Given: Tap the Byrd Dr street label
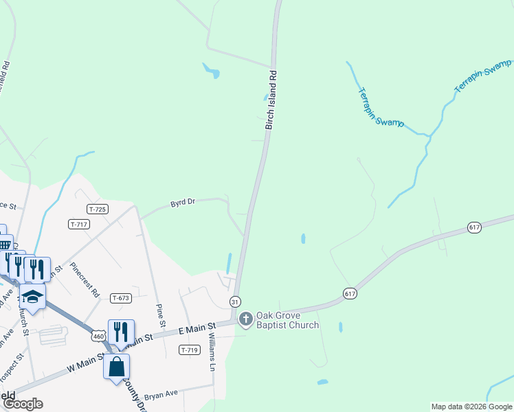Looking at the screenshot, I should (183, 203).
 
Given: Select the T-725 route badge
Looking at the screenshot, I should (98, 208).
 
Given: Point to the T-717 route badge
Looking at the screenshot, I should (79, 224).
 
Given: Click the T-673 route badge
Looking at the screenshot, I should (120, 297).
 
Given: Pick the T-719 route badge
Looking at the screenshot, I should (189, 350).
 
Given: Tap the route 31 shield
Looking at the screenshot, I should (235, 302).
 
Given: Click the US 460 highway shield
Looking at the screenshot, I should (98, 336).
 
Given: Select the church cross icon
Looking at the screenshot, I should (245, 319).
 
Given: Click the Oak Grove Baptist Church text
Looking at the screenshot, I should (287, 320).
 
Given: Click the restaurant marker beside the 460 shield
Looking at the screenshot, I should (121, 332).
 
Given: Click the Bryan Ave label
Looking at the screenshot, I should (161, 393).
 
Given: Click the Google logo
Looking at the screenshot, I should (23, 404).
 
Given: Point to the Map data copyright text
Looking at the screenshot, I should (471, 407).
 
